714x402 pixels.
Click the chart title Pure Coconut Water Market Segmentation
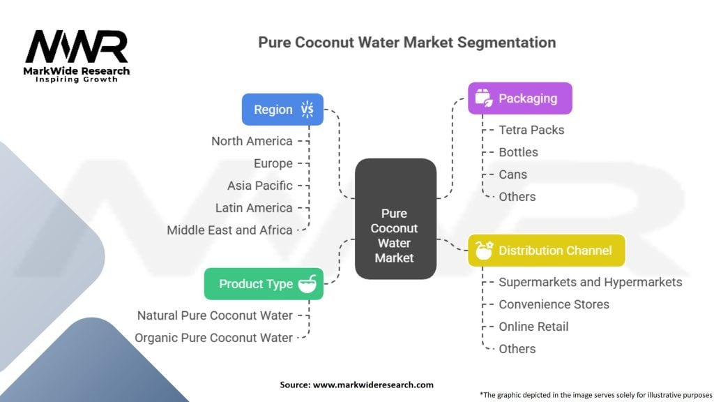pyautogui.click(x=407, y=42)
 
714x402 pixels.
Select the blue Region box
pyautogui.click(x=282, y=110)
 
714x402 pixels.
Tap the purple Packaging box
pyautogui.click(x=520, y=98)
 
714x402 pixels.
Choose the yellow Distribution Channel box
pyautogui.click(x=546, y=251)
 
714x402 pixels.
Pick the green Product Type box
pyautogui.click(x=264, y=283)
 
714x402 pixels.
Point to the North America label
pyautogui.click(x=252, y=141)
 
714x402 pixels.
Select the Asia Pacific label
pyautogui.click(x=259, y=186)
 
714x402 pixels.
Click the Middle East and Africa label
pyautogui.click(x=229, y=230)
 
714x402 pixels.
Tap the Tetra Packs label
pyautogui.click(x=531, y=130)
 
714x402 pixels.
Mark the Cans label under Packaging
pyautogui.click(x=512, y=174)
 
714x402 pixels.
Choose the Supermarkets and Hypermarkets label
pyautogui.click(x=590, y=282)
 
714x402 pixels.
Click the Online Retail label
pyautogui.click(x=533, y=327)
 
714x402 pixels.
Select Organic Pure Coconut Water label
pyautogui.click(x=213, y=338)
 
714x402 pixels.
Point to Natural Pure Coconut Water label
pyautogui.click(x=215, y=315)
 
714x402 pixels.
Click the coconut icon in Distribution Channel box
pyautogui.click(x=483, y=251)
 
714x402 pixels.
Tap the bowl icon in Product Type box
pyautogui.click(x=307, y=283)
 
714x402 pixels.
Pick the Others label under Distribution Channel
pyautogui.click(x=517, y=349)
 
